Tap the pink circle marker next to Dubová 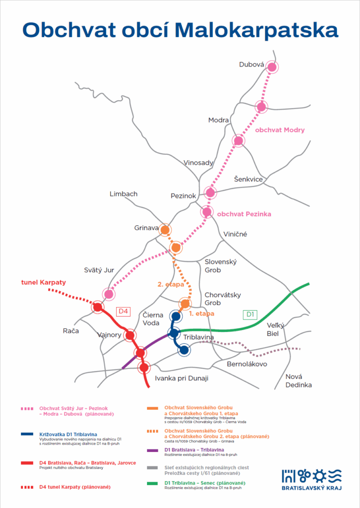pyautogui.click(x=272, y=67)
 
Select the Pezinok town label pyautogui.click(x=183, y=196)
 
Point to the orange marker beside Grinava pyautogui.click(x=165, y=230)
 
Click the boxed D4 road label pyautogui.click(x=123, y=311)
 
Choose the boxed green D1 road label pyautogui.click(x=250, y=314)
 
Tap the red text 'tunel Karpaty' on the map pyautogui.click(x=43, y=283)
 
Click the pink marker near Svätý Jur pyautogui.click(x=109, y=294)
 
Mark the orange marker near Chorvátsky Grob pyautogui.click(x=185, y=303)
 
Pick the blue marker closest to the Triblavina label pyautogui.click(x=184, y=350)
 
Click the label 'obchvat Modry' pyautogui.click(x=280, y=130)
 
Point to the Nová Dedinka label pyautogui.click(x=298, y=381)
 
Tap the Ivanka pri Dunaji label pyautogui.click(x=182, y=379)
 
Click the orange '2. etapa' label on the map pyautogui.click(x=171, y=285)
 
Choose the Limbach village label pyautogui.click(x=123, y=194)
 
